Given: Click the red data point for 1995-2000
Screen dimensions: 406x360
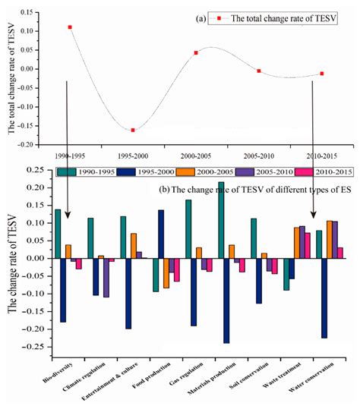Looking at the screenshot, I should point(133,130).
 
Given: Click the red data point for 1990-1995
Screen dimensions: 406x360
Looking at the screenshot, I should point(70,27).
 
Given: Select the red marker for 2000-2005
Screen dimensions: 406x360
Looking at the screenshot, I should point(196,53).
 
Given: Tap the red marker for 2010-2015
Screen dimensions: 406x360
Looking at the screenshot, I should point(322,74).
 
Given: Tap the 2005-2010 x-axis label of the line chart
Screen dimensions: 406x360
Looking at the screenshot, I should point(259,156).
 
